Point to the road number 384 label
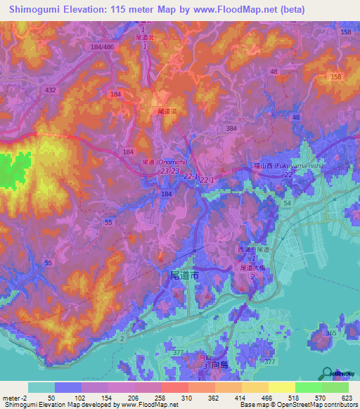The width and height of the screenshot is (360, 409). [x=231, y=129]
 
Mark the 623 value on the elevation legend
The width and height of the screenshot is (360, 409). [x=346, y=398]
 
